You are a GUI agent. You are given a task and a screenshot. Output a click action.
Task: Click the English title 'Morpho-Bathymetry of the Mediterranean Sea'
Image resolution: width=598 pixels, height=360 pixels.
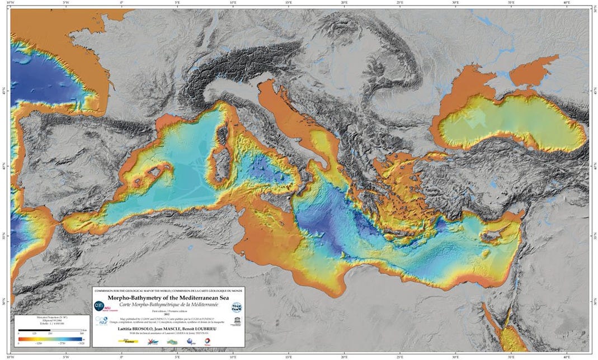point(168,298)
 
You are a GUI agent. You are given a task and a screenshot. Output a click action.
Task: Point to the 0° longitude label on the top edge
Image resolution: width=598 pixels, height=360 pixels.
point(122,3)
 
